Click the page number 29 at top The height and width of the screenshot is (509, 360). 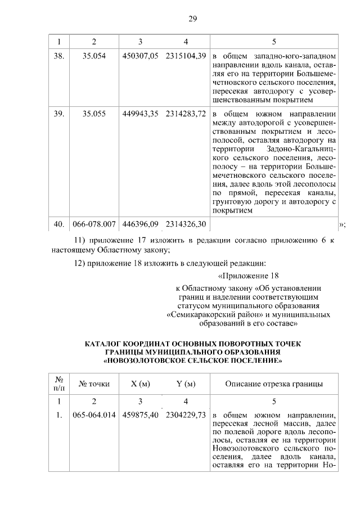[x=192, y=19]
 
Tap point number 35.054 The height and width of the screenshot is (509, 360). [x=94, y=57]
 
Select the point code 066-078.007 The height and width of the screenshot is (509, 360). [x=94, y=225]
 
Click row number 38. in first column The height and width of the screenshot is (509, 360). [x=58, y=57]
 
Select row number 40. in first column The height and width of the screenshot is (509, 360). [x=58, y=225]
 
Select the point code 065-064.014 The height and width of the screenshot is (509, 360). [x=94, y=415]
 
